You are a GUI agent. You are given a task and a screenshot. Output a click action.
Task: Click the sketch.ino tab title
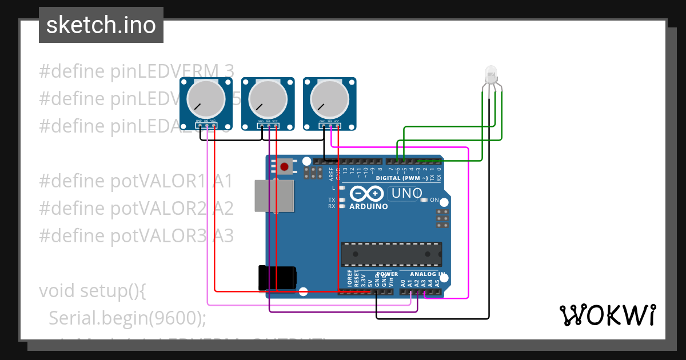tap(101, 25)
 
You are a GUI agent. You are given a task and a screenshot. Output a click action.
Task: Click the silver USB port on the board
tap(273, 196)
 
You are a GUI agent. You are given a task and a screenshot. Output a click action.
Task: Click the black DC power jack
tap(277, 277)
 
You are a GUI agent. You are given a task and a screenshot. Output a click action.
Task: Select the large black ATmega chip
tap(392, 254)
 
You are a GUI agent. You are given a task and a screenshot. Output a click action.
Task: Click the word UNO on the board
tap(405, 194)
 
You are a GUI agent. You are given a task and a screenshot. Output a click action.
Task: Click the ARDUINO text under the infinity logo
tap(368, 206)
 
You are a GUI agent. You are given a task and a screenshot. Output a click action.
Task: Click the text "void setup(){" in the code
tap(93, 291)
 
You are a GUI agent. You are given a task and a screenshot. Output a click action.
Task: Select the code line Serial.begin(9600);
tap(127, 318)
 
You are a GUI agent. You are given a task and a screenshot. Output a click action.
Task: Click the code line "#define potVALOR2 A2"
tap(136, 209)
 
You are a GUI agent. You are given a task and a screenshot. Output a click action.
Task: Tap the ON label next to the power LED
tap(434, 200)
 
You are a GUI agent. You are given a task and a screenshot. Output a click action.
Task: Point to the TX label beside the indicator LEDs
tap(332, 200)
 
